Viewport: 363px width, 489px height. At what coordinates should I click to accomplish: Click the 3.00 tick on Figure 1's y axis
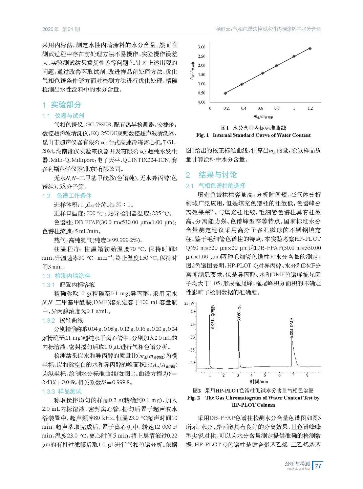201,47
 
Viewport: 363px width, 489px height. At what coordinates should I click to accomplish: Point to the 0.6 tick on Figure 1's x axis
260,108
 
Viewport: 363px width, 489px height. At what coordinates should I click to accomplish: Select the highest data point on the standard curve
310,49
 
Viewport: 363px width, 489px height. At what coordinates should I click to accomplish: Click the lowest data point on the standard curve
226,93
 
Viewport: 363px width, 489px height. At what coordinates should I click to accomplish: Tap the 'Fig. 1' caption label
202,135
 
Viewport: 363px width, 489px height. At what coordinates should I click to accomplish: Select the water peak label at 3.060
239,314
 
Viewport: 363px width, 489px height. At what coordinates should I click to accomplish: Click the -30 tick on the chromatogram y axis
192,337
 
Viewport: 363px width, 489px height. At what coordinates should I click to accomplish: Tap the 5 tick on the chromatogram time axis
265,375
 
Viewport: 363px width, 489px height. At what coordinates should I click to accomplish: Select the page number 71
318,466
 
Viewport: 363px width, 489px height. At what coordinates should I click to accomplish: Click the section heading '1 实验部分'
62,105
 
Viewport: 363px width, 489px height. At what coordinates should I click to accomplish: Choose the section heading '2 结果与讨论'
211,175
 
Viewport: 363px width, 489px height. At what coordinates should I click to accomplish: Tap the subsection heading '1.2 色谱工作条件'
67,196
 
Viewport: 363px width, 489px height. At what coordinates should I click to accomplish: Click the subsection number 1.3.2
48,320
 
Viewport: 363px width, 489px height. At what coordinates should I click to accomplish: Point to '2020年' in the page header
50,29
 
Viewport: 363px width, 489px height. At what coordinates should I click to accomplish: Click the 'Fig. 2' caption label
194,398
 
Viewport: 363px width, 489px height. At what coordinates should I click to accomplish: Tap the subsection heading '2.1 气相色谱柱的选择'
215,186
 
